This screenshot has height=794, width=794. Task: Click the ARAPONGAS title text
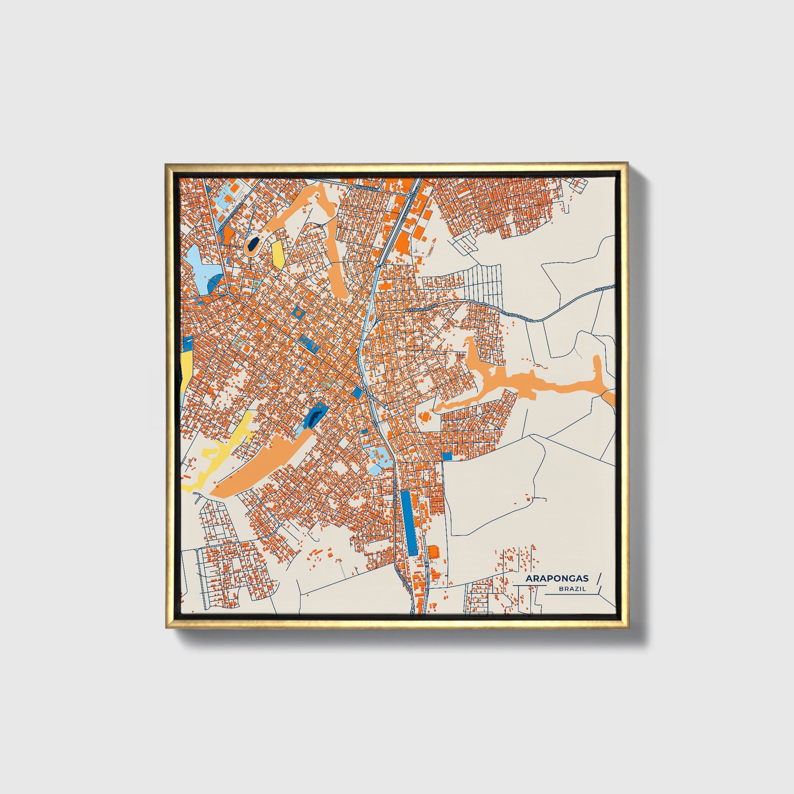coord(557,579)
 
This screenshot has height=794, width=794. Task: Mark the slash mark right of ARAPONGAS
coord(599,578)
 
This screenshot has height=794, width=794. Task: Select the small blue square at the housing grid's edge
coord(447,456)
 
